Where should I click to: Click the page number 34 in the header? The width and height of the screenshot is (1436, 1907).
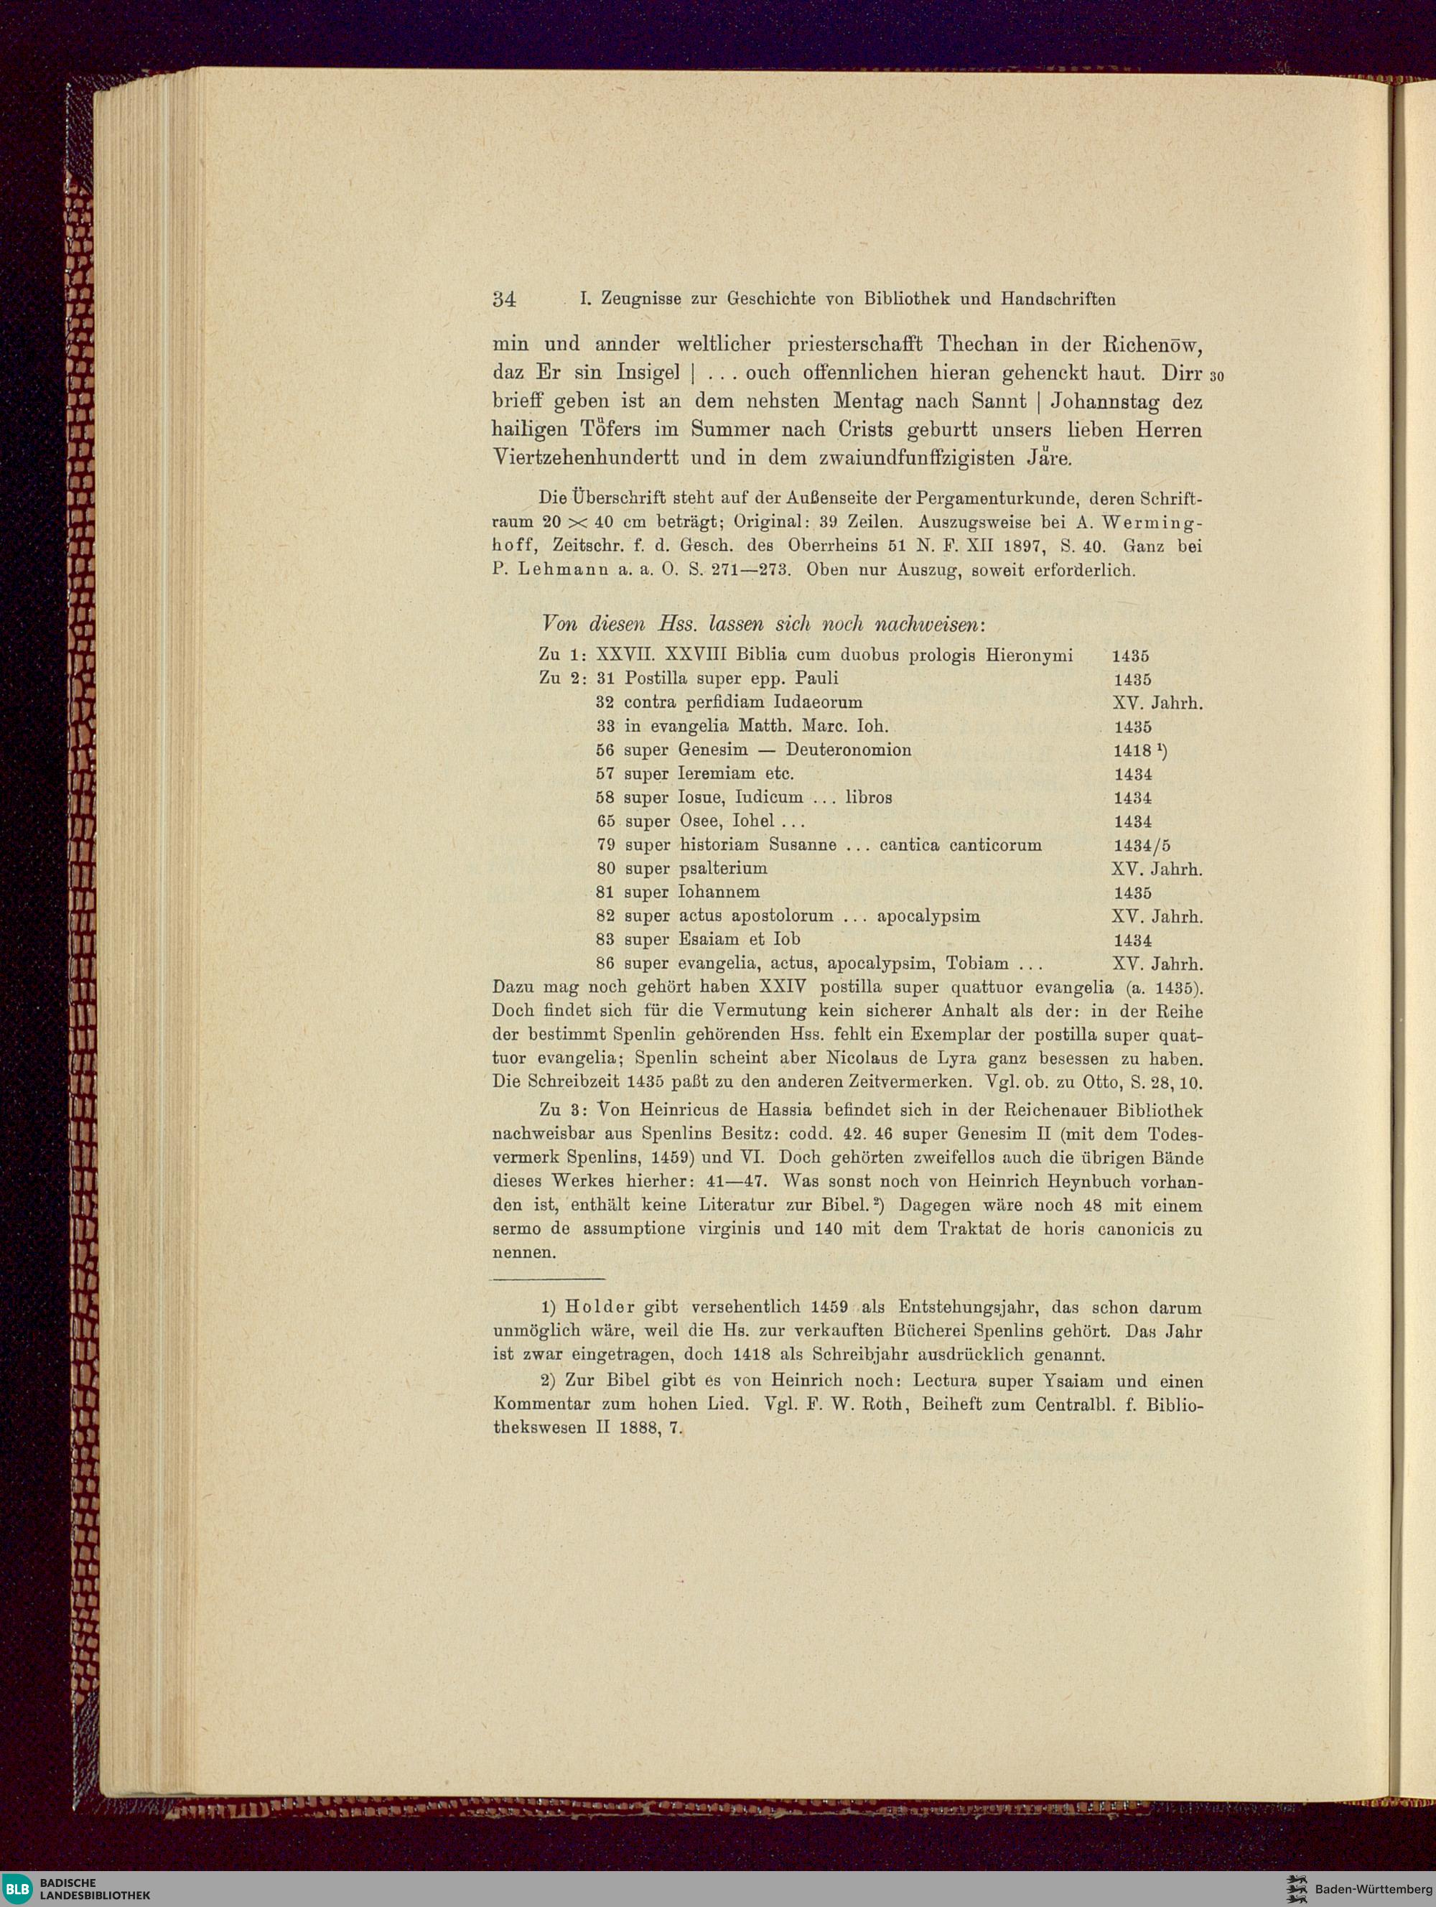(503, 299)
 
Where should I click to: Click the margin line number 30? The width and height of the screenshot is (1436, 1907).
(1217, 376)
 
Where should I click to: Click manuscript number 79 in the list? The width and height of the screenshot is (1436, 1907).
(605, 845)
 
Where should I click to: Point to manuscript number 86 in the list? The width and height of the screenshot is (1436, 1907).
(605, 963)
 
